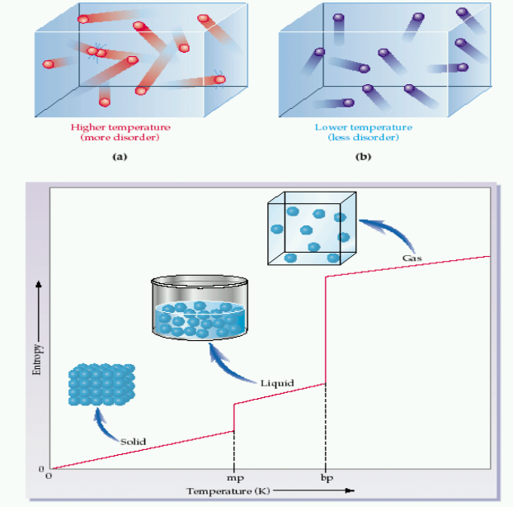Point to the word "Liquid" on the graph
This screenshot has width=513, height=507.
point(277,383)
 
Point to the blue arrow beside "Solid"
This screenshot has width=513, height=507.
point(103,423)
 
